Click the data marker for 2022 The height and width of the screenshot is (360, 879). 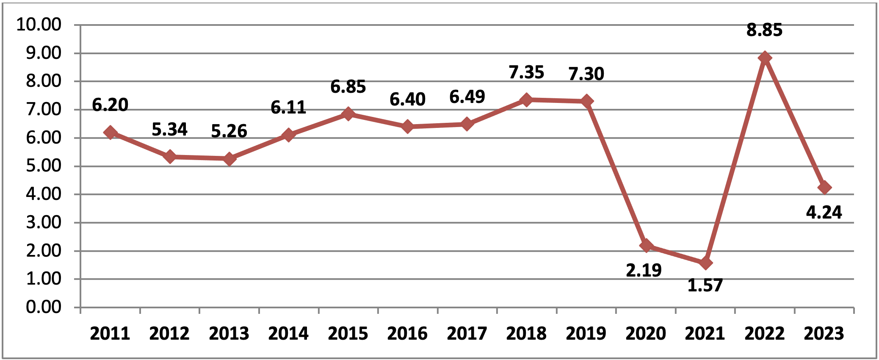[765, 58]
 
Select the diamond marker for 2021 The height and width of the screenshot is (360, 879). [705, 263]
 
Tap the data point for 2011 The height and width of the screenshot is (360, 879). [110, 133]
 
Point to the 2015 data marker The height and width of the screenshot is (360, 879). [348, 114]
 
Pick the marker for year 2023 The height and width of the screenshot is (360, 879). [824, 188]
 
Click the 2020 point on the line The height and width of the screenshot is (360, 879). [646, 246]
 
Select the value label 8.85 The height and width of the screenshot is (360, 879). [764, 30]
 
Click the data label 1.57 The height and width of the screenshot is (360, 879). [705, 285]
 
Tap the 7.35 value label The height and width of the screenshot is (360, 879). [526, 72]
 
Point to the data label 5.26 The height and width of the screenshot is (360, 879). [229, 131]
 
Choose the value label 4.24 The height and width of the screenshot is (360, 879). [824, 212]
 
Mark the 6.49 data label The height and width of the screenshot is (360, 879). [467, 97]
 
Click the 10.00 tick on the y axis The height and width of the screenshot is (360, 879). [39, 25]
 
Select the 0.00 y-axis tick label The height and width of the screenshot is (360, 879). [44, 307]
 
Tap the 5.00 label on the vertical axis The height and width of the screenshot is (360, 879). [44, 166]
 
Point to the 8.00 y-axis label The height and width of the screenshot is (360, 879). [44, 81]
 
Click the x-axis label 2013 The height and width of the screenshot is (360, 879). [229, 334]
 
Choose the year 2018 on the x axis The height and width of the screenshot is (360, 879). [526, 334]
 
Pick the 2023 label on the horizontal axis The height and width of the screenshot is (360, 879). [824, 334]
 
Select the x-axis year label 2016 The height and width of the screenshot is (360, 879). [407, 334]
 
